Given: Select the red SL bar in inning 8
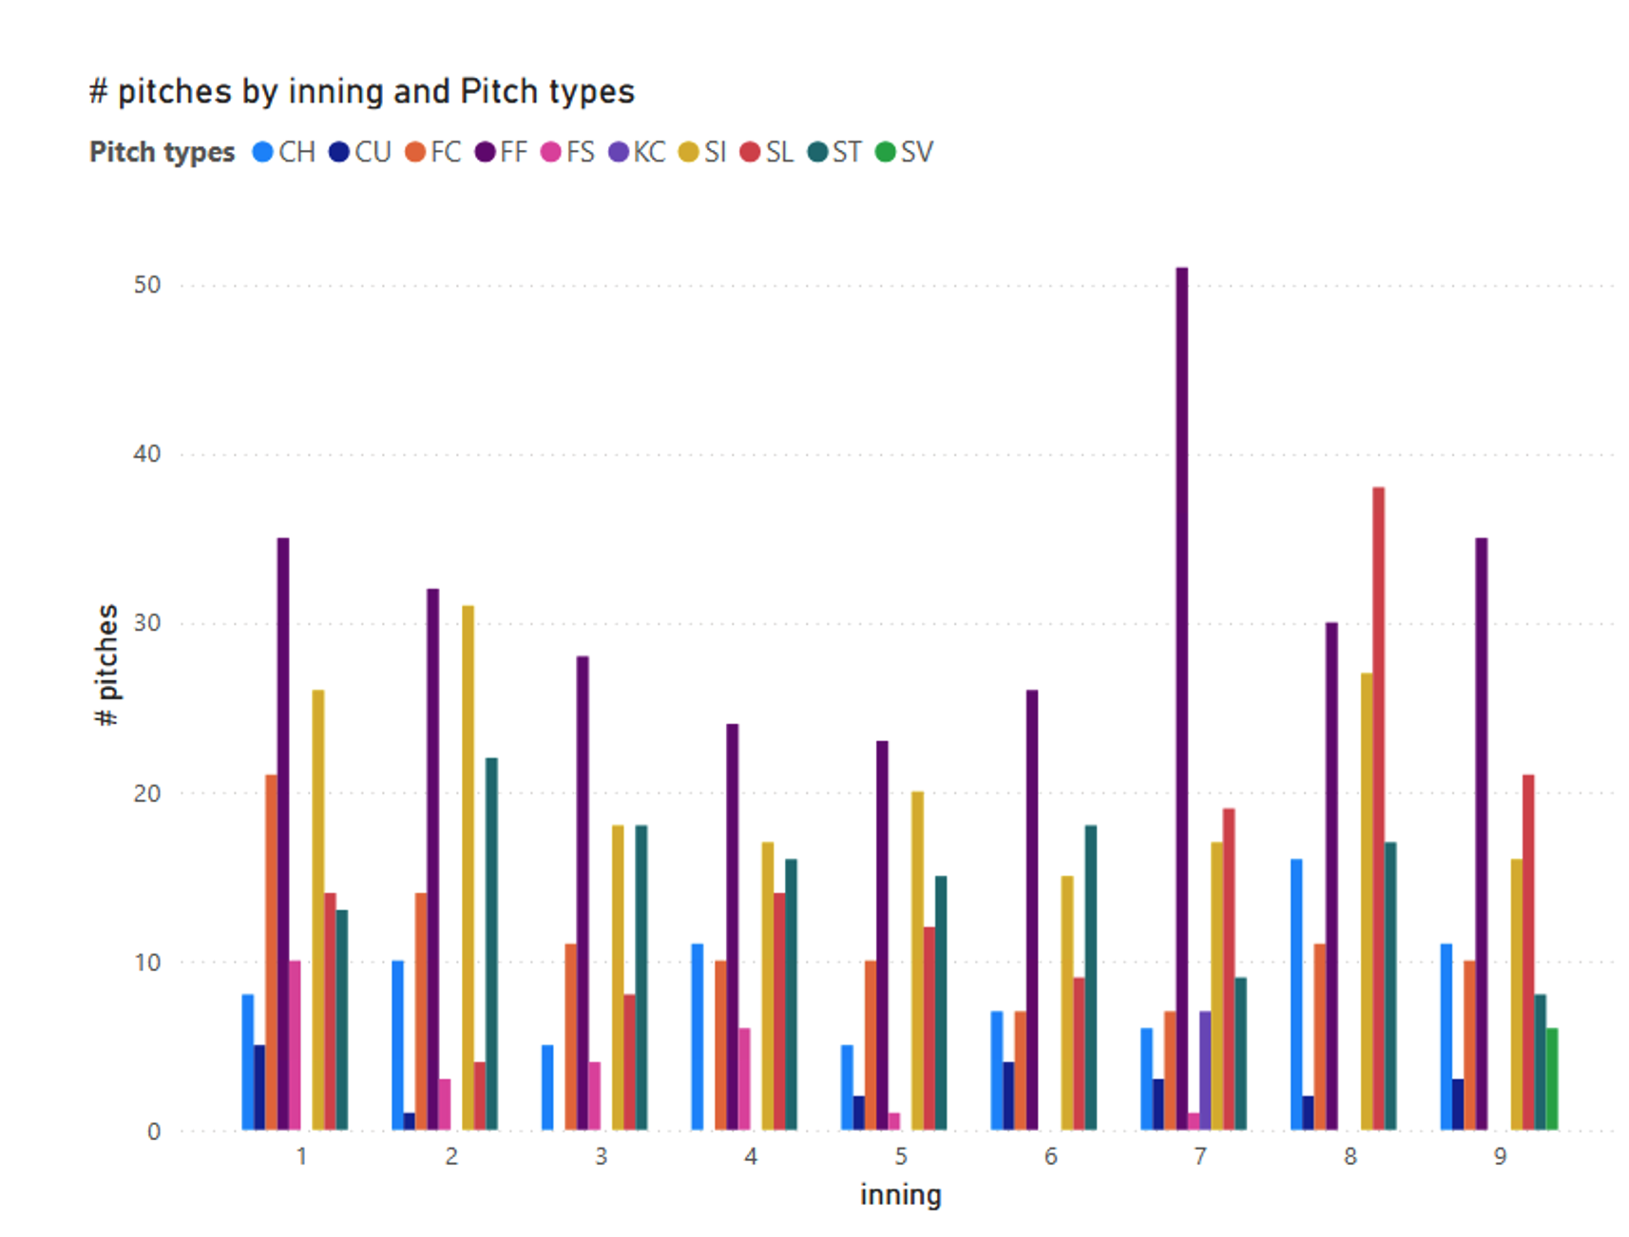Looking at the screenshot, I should pos(1378,809).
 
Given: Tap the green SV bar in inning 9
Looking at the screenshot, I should pos(1551,1079).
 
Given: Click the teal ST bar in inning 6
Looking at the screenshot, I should pos(1090,978).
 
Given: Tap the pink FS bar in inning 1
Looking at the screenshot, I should pos(295,1045).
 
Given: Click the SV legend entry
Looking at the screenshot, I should pos(905,152).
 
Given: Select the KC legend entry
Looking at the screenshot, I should pos(638,152).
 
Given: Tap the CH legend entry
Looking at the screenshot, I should pos(284,152).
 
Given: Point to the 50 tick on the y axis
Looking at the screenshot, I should pos(147,285).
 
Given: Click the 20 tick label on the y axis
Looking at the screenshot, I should pos(147,793).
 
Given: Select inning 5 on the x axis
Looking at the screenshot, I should pos(900,1156).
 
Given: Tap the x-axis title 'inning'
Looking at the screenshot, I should pos(900,1194).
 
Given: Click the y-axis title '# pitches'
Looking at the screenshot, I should pos(107,665).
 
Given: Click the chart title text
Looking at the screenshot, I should pos(361,91).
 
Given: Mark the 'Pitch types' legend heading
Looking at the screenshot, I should pos(162,152).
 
